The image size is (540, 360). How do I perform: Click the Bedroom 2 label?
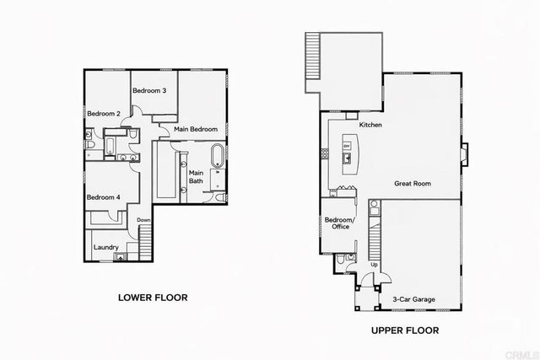click(104, 113)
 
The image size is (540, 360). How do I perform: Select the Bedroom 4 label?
click(104, 197)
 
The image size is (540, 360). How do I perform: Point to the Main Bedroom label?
click(196, 129)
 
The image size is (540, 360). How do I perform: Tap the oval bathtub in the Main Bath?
click(217, 155)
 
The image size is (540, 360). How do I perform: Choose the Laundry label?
click(105, 247)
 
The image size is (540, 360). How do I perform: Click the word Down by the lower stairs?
click(143, 220)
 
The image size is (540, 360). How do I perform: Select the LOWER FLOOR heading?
click(152, 298)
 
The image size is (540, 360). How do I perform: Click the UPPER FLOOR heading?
click(405, 331)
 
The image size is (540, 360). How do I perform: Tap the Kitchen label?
click(371, 125)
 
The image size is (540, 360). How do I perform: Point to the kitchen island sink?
click(347, 158)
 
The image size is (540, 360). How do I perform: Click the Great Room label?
click(413, 183)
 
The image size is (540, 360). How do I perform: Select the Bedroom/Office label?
click(341, 223)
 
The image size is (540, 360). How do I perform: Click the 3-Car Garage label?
click(413, 298)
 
